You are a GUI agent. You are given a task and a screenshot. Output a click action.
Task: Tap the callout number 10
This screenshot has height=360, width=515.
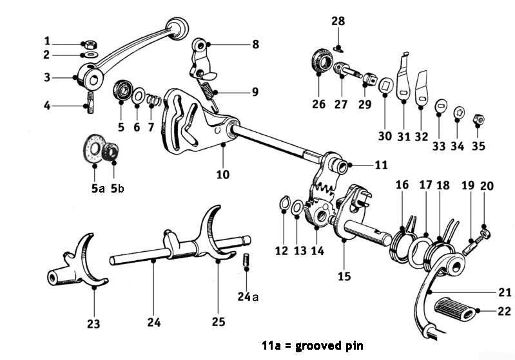(x=222, y=173)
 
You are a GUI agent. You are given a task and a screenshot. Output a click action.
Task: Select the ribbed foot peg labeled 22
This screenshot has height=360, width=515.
(x=456, y=311)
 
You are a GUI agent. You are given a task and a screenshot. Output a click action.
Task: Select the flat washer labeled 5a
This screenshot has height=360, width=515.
(x=94, y=147)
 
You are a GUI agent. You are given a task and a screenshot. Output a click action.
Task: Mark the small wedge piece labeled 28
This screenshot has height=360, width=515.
(x=339, y=46)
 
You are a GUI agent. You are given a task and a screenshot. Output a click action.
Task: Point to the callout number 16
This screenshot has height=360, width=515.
(x=402, y=185)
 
